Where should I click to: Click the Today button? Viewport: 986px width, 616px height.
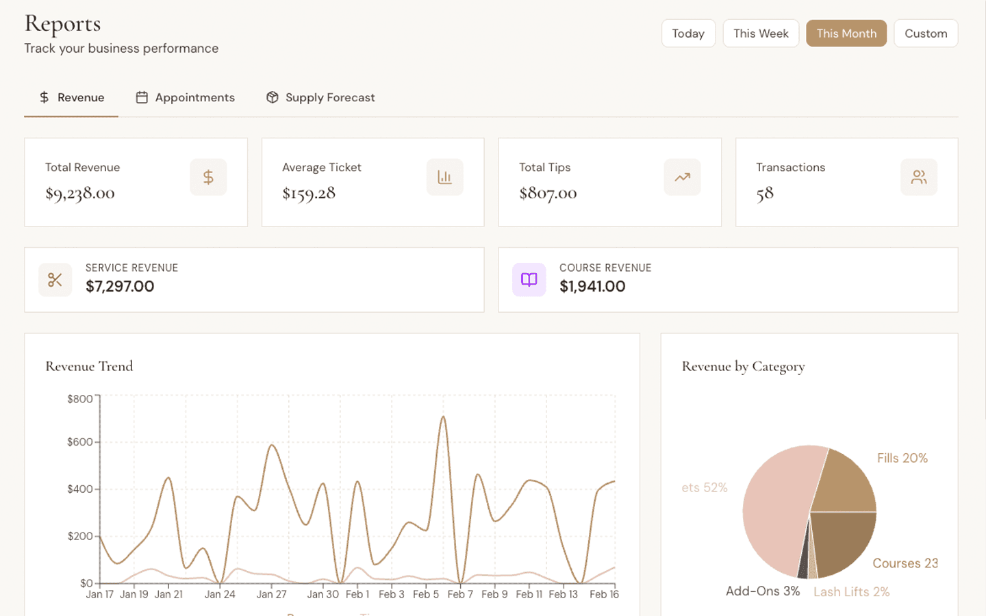coord(688,34)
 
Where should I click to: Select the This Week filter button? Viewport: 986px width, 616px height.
coord(761,34)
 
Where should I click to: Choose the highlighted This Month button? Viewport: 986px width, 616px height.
coord(846,34)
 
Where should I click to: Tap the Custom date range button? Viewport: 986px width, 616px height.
coord(925,34)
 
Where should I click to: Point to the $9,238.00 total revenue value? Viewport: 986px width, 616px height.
coord(80,194)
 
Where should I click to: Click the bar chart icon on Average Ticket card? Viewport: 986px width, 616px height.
coord(445,177)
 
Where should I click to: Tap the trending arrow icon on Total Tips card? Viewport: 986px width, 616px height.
coord(682,177)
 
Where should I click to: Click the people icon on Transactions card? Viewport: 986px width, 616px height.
coord(919,177)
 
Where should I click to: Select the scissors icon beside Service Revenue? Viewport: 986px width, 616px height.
coord(55,280)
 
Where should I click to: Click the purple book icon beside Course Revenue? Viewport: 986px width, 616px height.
coord(529,280)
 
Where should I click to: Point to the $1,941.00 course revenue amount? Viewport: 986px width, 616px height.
coord(592,287)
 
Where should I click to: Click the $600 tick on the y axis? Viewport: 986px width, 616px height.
coord(80,442)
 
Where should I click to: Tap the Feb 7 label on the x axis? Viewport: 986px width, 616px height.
coord(460,594)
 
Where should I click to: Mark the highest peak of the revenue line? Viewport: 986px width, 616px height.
coord(444,417)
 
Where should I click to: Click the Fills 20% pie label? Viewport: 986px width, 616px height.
coord(902,458)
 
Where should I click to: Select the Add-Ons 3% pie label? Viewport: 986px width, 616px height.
coord(762,591)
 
